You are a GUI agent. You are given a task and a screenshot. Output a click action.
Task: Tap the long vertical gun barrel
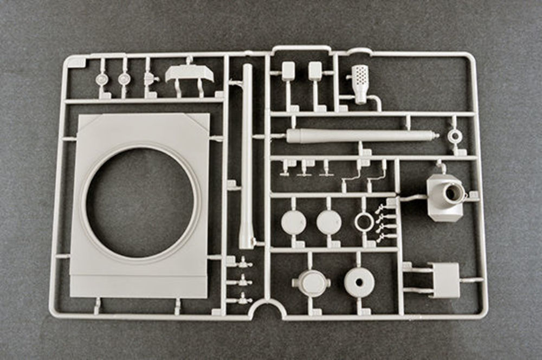(x=247, y=152)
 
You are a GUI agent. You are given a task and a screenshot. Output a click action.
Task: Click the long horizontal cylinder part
(x=358, y=136)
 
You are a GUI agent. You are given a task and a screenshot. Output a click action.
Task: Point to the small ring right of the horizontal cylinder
(x=455, y=136)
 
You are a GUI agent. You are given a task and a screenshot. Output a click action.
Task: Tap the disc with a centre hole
(x=359, y=282)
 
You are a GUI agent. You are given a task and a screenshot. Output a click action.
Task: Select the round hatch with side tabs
(x=311, y=282)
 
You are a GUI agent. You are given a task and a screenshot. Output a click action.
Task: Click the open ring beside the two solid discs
(x=364, y=222)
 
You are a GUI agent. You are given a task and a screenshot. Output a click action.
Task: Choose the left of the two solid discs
(x=294, y=222)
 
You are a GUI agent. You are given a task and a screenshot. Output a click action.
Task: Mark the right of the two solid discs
(x=329, y=222)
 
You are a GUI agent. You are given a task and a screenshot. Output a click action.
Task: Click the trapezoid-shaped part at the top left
(x=189, y=73)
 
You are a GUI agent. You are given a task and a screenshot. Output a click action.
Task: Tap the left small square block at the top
(x=288, y=70)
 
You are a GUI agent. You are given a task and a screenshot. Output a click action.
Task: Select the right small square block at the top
(x=315, y=70)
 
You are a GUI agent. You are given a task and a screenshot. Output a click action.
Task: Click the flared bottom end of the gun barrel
(x=247, y=239)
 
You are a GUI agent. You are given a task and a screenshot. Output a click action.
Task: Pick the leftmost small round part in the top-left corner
(x=101, y=79)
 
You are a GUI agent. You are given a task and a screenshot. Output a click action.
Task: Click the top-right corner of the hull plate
(x=209, y=115)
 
